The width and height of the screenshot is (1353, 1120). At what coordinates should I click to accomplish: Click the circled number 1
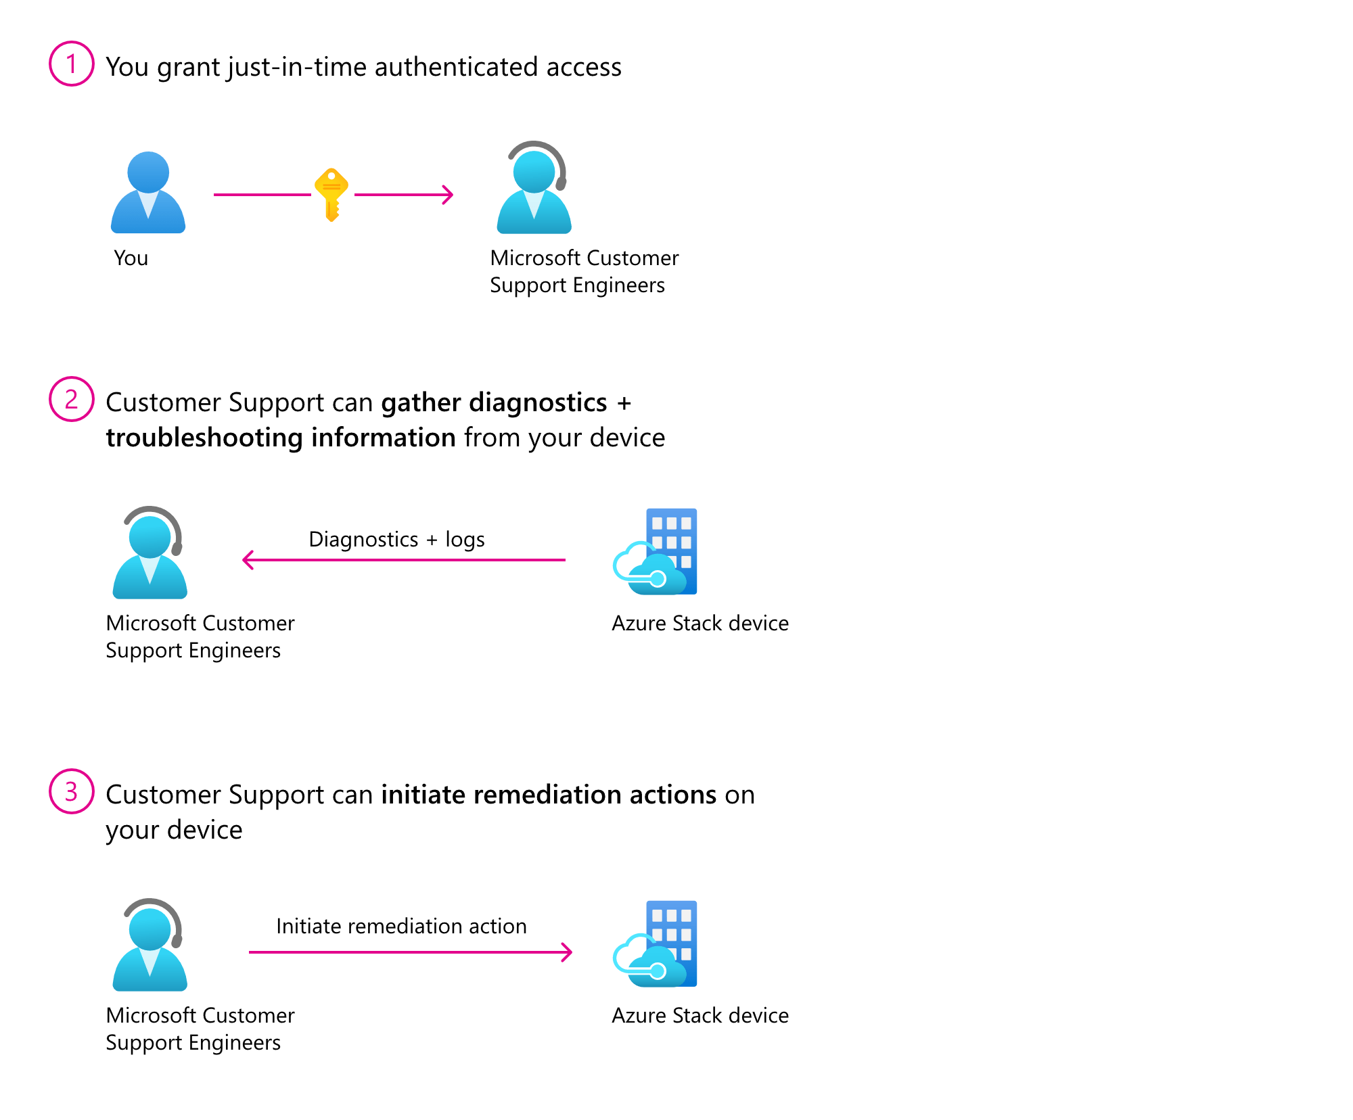(71, 64)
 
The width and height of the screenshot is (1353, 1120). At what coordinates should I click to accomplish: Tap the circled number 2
(71, 399)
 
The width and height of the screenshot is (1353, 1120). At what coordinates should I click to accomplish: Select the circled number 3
(71, 791)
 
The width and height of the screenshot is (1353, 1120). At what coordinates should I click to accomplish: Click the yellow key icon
(331, 193)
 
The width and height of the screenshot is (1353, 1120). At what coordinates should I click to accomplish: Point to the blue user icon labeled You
(148, 193)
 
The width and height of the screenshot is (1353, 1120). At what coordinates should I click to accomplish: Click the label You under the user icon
(131, 258)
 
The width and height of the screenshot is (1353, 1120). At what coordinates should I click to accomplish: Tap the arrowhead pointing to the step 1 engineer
(449, 195)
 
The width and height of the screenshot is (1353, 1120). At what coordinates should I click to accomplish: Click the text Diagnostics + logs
(396, 539)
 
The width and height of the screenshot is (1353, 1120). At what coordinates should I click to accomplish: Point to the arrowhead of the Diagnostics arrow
(248, 560)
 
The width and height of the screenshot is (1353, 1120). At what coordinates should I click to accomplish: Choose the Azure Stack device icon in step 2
(656, 552)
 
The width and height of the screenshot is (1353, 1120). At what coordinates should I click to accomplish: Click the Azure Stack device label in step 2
(700, 623)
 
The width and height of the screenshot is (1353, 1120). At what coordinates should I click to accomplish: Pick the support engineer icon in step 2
(150, 553)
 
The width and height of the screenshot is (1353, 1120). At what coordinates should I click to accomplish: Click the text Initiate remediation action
(401, 926)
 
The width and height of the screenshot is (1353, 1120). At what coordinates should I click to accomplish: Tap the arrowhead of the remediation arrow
(568, 952)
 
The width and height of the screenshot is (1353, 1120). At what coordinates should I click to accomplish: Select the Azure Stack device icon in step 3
(656, 944)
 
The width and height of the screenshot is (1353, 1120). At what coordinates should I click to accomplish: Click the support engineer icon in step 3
(150, 946)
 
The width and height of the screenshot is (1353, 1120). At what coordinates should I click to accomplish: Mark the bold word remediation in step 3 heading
(547, 795)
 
